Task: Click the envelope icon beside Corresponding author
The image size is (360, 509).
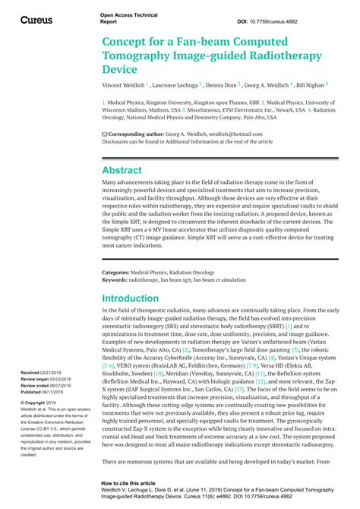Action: pos(105,134)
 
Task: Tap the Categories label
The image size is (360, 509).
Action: pos(119,272)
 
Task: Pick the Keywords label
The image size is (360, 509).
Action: pos(118,280)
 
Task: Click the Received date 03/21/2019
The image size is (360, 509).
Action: pos(55,352)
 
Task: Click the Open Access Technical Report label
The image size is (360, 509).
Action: pos(122,18)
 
